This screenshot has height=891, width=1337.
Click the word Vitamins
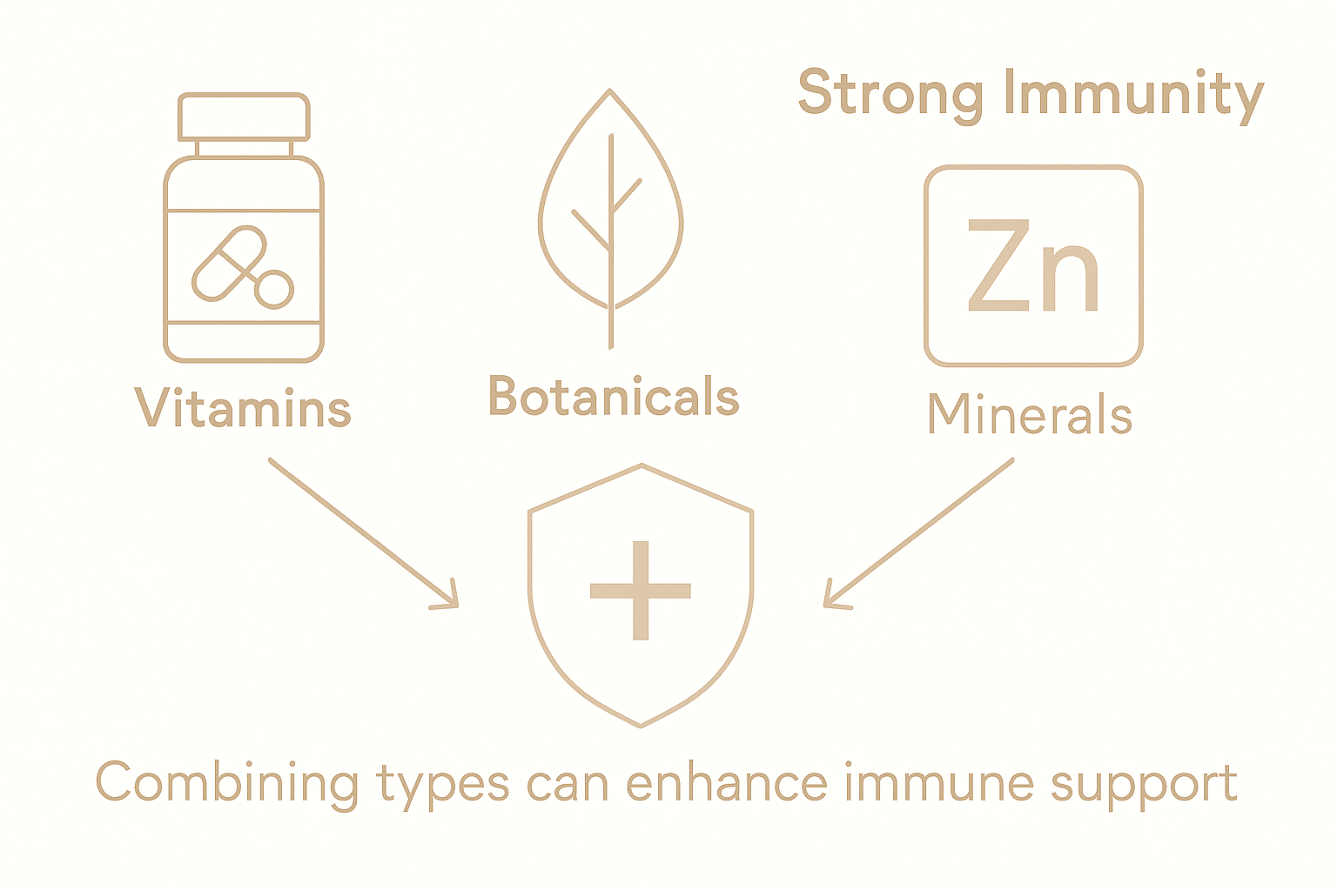[243, 409]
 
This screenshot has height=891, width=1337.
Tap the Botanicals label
[614, 397]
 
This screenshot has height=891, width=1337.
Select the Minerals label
[1029, 414]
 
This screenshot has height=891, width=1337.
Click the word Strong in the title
[890, 93]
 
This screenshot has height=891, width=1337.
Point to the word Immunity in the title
[1132, 95]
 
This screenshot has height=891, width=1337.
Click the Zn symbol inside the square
[1033, 266]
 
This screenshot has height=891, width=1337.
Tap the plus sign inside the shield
[641, 591]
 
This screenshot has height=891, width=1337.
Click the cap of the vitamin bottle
[244, 116]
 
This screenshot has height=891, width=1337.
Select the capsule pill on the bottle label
[228, 263]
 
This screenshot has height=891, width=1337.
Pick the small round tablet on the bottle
[275, 289]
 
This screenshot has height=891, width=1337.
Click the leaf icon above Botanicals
[610, 209]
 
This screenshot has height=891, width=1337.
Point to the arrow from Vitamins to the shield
[363, 533]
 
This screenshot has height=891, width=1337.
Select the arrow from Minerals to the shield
[919, 533]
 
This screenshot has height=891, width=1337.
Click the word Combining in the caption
[226, 783]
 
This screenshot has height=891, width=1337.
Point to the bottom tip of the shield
[641, 725]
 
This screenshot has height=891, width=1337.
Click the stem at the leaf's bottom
[610, 331]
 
